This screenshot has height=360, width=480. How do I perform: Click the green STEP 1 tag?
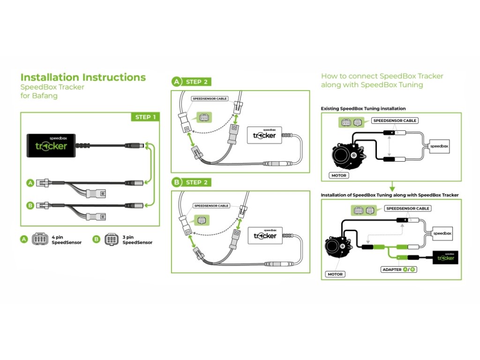coord(145,117)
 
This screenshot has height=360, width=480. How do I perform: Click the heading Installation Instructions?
coord(83,77)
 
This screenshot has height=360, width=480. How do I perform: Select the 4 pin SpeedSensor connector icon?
coord(41,239)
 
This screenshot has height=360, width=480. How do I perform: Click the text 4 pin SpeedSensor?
coord(66,239)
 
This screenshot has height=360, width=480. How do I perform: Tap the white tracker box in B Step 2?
coord(265,234)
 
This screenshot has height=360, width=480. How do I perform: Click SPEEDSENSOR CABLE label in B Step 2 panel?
coord(211,206)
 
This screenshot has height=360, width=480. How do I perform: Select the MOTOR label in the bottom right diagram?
coord(336,274)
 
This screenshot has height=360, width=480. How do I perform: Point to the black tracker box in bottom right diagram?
coord(445,257)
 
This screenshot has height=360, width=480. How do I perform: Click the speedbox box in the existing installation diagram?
coord(439,147)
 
